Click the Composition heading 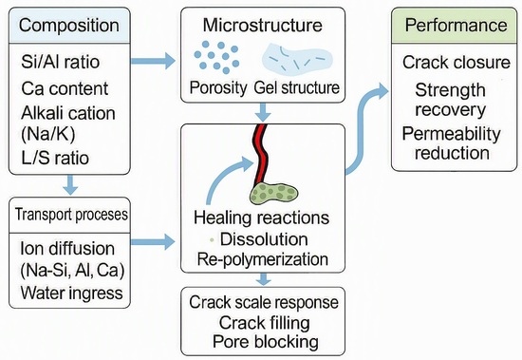69,26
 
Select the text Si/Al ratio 60,62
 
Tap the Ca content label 65,88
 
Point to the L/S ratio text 55,158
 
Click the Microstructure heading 263,25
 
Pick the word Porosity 218,87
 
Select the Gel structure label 297,87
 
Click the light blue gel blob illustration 297,59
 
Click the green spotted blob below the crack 273,194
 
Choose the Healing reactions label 261,218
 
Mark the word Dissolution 264,239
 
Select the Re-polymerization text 263,259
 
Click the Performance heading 457,25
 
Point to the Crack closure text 457,62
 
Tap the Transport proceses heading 71,215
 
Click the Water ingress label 71,293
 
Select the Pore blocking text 266,342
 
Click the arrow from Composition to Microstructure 153,61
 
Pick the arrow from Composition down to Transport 70,184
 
